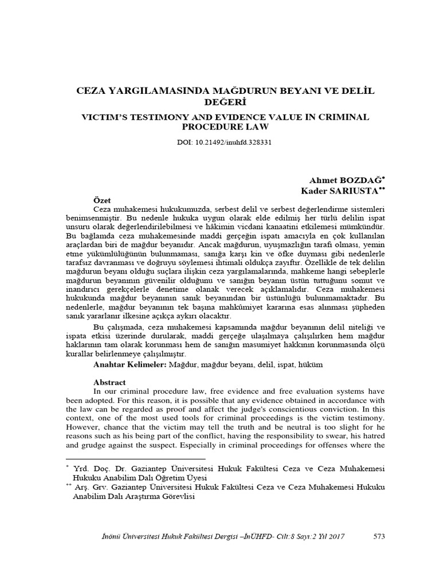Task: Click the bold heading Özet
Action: [104, 200]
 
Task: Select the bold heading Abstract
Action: [109, 382]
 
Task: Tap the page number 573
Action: [379, 536]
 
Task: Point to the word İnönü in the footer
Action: [111, 536]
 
